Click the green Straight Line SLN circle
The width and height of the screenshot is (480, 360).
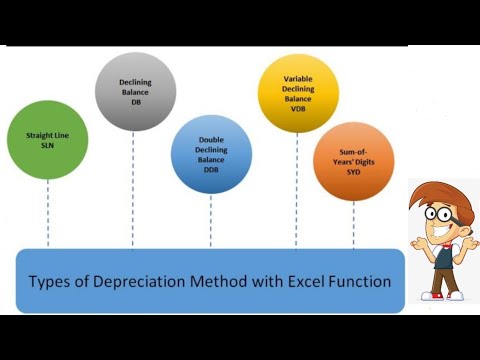click(47, 139)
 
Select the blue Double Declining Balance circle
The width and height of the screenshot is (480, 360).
click(210, 155)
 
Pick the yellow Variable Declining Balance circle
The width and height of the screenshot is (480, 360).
click(298, 94)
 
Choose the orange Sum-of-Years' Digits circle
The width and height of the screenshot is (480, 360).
click(353, 161)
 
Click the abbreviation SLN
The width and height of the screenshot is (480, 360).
click(47, 147)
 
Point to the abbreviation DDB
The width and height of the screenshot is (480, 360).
click(210, 171)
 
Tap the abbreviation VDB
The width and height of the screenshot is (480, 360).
click(298, 110)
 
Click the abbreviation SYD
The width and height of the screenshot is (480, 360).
click(353, 170)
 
